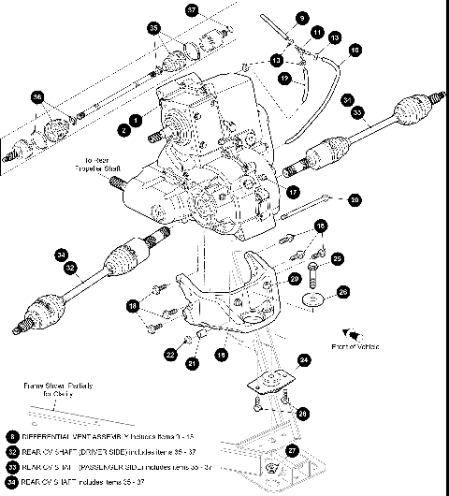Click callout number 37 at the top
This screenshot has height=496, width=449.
click(193, 11)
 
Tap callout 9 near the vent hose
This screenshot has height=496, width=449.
click(302, 18)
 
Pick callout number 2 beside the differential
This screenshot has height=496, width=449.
click(123, 128)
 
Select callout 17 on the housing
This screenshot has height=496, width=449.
click(293, 192)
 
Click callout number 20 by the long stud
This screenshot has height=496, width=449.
click(355, 199)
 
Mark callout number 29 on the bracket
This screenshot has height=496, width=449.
click(294, 279)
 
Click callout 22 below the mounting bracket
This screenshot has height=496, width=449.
click(170, 355)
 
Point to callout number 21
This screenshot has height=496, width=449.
click(192, 363)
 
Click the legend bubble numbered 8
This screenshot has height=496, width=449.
click(10, 436)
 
